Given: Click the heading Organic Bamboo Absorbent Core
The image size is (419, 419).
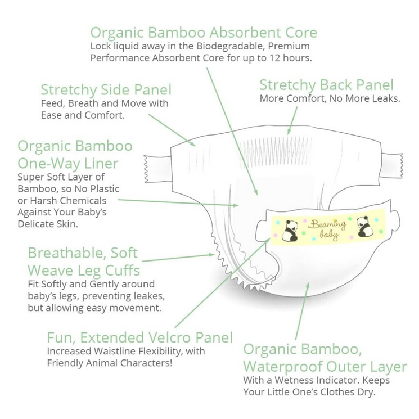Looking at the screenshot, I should click(204, 32).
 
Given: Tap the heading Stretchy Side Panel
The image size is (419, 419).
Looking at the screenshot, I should click(106, 90).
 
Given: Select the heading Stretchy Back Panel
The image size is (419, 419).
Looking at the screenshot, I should click(326, 85).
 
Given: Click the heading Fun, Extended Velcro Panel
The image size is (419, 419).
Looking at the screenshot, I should click(139, 338).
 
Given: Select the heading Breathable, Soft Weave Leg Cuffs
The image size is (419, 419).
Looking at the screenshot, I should click(84, 262).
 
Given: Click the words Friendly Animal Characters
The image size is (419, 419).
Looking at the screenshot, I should click(110, 363).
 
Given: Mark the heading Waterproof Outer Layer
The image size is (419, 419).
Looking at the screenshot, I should click(325, 367).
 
